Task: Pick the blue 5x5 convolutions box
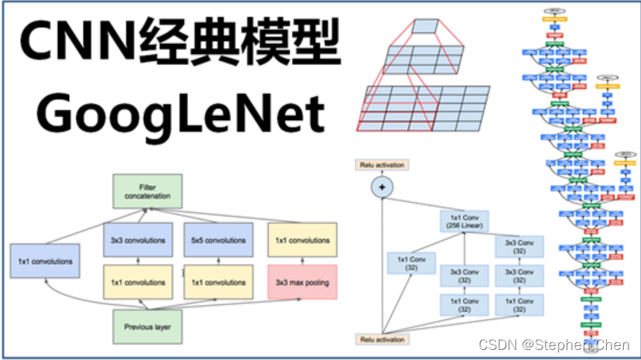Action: tap(219, 241)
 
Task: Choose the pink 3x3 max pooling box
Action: tap(302, 283)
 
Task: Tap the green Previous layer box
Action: tap(147, 327)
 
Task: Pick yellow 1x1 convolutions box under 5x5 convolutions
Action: tap(219, 283)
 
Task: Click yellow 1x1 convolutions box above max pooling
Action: tap(302, 241)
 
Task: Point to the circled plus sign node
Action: tap(381, 187)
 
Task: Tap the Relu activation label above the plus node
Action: tap(381, 165)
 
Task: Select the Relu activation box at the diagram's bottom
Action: tap(381, 340)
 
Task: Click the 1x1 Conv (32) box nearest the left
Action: tap(411, 263)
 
